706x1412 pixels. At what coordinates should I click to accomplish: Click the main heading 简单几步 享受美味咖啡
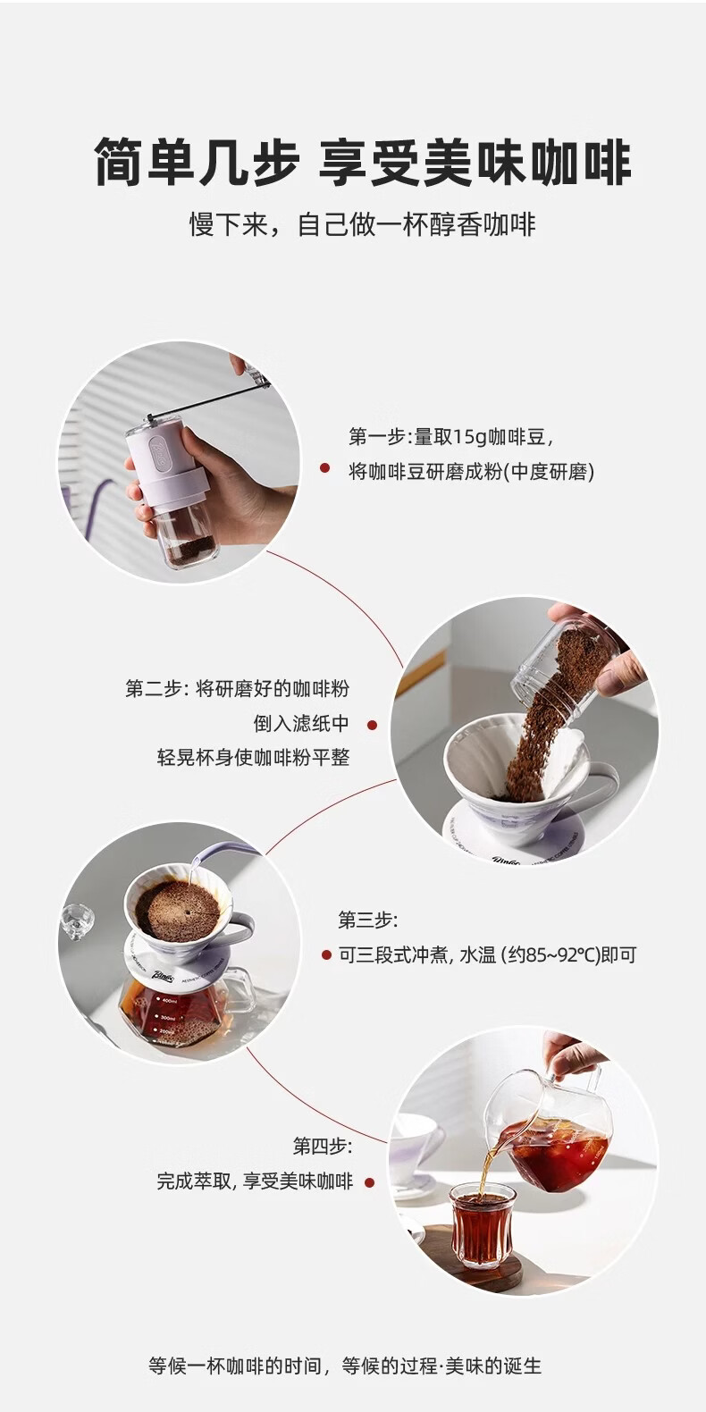(363, 164)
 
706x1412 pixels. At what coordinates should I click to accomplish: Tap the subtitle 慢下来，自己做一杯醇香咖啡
(363, 225)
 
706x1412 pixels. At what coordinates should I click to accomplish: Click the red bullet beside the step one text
(325, 468)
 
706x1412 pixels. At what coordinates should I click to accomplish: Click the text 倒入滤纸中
(301, 723)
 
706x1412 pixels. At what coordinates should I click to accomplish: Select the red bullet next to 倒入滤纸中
(372, 726)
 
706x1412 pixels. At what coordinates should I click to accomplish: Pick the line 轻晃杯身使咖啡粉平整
(254, 757)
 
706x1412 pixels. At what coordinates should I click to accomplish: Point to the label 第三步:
(368, 920)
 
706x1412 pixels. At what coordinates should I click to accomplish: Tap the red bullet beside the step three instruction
(326, 955)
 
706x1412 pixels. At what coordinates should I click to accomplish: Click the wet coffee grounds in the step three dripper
(178, 911)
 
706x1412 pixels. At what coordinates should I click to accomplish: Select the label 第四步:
(323, 1146)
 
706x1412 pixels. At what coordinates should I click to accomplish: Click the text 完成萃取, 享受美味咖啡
(255, 1181)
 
